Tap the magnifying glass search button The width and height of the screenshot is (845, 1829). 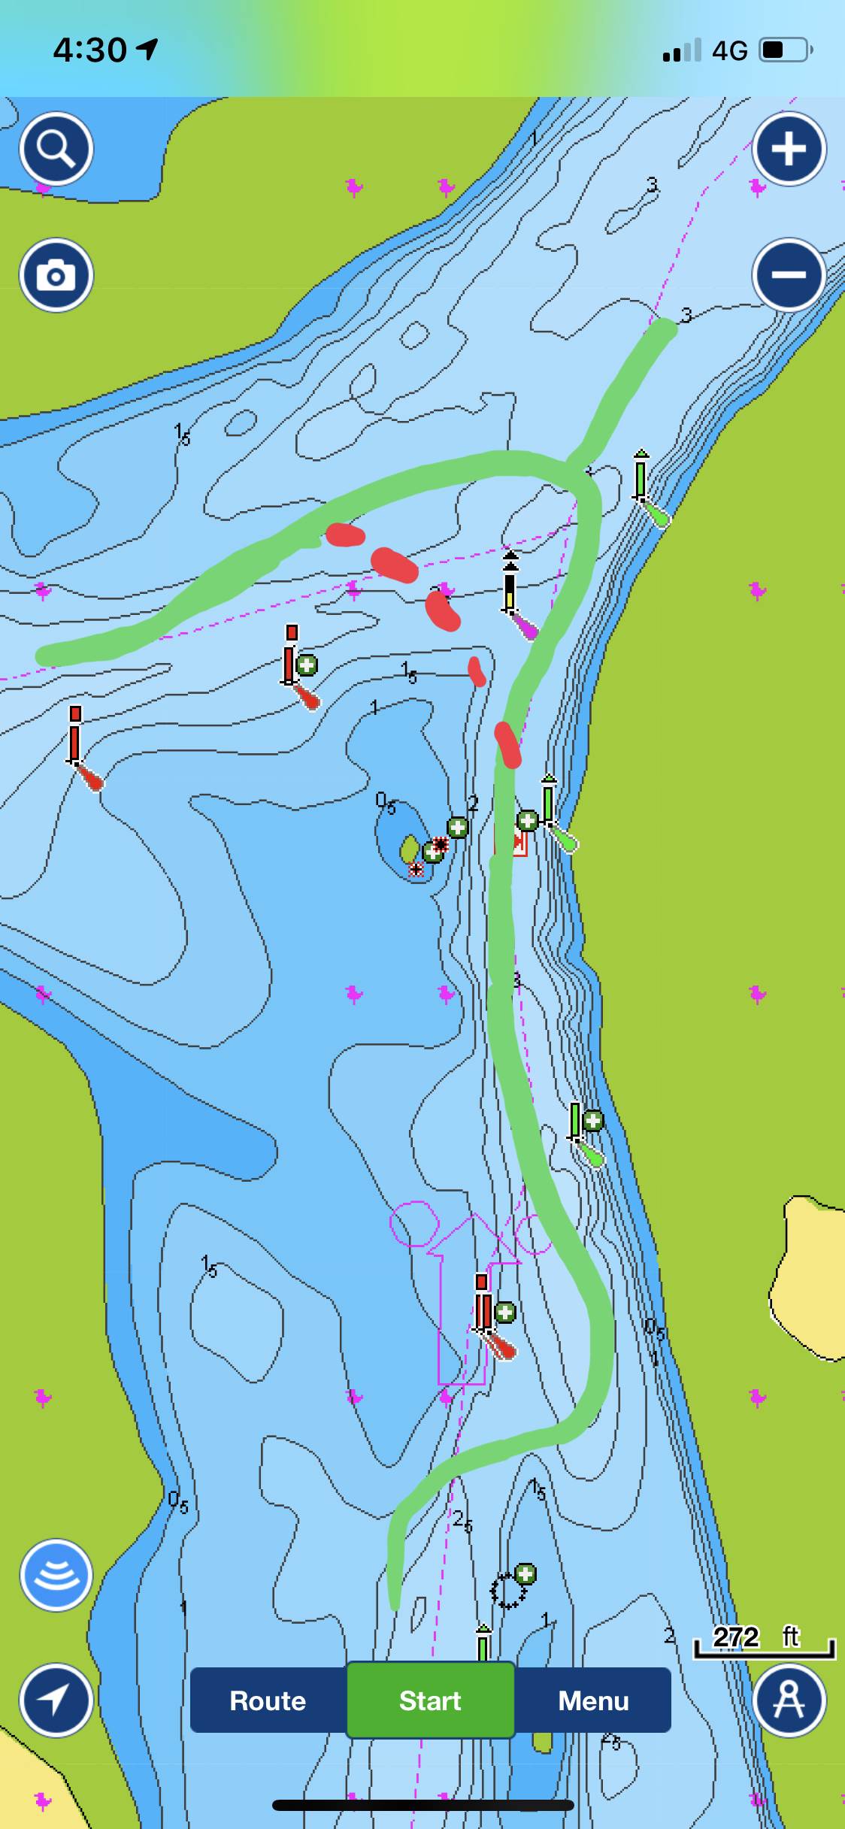[56, 148]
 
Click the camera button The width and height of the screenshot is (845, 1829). [56, 275]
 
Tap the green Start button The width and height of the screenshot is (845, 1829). [430, 1700]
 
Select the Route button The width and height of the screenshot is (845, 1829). [268, 1700]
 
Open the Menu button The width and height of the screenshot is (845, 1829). [593, 1700]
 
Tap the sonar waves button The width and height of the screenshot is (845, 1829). [56, 1575]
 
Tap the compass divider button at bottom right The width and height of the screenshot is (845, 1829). [789, 1700]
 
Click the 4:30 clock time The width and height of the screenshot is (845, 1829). [89, 50]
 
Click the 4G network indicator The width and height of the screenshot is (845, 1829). [729, 51]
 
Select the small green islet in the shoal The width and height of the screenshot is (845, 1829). [409, 849]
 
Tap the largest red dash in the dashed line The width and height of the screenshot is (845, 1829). [394, 565]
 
